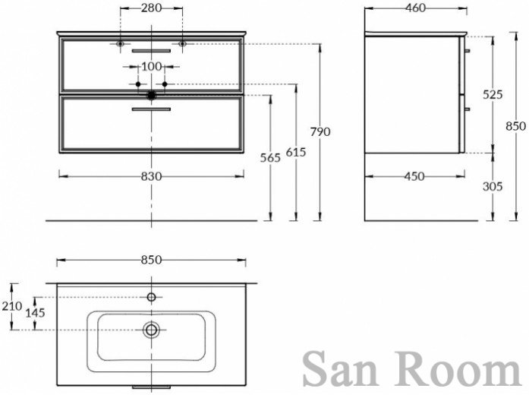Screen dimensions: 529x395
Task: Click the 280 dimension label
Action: pos(152,8)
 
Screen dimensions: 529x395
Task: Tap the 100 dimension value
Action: pos(152,67)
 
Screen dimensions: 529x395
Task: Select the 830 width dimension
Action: pos(152,176)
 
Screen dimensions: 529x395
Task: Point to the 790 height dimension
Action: pos(320,131)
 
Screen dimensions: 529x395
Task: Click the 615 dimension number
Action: pos(296,152)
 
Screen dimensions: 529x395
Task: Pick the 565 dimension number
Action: pos(270,157)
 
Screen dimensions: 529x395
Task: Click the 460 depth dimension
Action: pos(415,8)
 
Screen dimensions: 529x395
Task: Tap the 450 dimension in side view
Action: pos(414,176)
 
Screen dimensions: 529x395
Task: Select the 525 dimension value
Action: pos(493,94)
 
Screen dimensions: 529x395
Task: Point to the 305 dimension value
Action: pos(493,186)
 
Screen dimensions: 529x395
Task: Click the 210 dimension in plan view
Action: pos(12,306)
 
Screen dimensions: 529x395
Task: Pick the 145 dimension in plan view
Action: pos(35,313)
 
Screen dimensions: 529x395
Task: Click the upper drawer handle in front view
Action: pos(151,51)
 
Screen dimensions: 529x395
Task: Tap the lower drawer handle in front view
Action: pos(151,109)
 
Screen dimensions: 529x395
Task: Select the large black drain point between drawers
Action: pos(151,96)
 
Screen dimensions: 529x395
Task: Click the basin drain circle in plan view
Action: pos(151,330)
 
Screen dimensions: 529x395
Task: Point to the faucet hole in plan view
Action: pos(151,297)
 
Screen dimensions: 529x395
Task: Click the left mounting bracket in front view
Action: pos(120,44)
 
